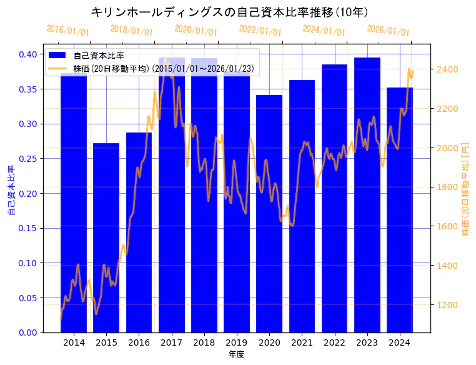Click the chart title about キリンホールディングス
coord(229,12)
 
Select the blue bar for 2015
coord(106,237)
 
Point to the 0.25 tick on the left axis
coord(27,159)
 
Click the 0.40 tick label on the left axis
coord(27,54)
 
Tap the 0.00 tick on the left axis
coord(27,332)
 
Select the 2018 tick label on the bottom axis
coord(204,342)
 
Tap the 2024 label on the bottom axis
coord(399,342)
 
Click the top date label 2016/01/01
coord(68,31)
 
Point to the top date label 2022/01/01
coord(260,31)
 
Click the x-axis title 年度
coord(236,354)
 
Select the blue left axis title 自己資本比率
coord(11,191)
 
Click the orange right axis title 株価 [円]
coord(465,188)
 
